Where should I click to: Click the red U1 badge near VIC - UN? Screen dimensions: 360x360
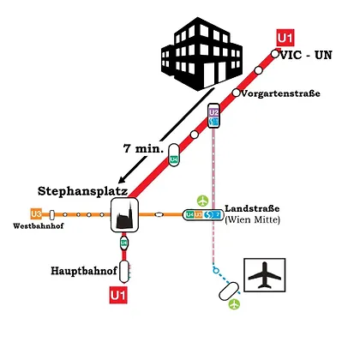[x=285, y=38]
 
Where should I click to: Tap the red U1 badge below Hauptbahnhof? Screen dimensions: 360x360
[x=118, y=295]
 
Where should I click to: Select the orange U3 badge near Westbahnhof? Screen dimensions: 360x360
[x=36, y=214]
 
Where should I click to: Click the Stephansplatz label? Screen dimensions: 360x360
[x=82, y=191]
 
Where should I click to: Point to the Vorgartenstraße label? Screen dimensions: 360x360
[x=280, y=93]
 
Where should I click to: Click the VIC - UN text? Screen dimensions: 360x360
[x=306, y=55]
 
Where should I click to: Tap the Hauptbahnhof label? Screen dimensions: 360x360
[x=84, y=271]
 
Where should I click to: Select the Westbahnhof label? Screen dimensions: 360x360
[x=39, y=226]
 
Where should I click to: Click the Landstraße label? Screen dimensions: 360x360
[x=252, y=208]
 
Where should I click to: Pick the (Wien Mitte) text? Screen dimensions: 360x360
[x=253, y=220]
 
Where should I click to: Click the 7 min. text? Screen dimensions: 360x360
[x=143, y=148]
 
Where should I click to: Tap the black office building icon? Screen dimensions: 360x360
[x=201, y=54]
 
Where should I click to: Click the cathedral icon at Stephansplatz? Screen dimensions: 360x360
[x=125, y=215]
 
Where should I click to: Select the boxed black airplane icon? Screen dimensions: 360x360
[x=265, y=275]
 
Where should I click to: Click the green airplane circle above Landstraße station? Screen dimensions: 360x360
[x=202, y=201]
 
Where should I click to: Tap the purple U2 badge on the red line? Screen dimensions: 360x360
[x=213, y=112]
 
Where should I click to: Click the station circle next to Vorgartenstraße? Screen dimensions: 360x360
[x=236, y=93]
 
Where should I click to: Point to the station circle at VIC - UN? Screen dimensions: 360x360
[x=275, y=53]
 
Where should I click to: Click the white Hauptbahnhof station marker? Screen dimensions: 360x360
[x=124, y=271]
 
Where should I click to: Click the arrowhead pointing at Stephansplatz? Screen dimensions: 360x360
[x=122, y=180]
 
